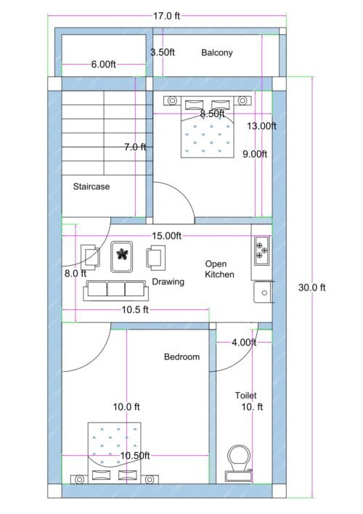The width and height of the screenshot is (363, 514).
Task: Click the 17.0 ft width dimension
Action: pos(167,15)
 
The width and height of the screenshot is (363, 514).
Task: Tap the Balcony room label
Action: pos(217,53)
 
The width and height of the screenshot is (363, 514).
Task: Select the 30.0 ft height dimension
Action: pos(312,287)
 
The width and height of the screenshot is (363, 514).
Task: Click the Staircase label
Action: pos(91,187)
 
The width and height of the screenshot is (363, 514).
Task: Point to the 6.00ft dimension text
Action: pos(104,65)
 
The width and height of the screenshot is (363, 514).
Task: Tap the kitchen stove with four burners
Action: pos(261,250)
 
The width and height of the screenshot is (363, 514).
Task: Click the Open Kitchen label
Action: pos(219,269)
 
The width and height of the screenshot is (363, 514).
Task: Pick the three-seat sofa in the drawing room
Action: pos(116,290)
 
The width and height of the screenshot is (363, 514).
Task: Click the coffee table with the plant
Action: pos(121,256)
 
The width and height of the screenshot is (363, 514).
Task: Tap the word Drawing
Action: pos(168,282)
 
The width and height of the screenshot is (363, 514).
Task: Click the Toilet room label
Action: pos(245,396)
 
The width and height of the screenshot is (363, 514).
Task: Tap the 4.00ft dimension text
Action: pos(243,342)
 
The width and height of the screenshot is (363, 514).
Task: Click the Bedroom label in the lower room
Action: pos(181,356)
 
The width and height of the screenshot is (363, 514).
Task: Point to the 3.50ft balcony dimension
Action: pos(162,52)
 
